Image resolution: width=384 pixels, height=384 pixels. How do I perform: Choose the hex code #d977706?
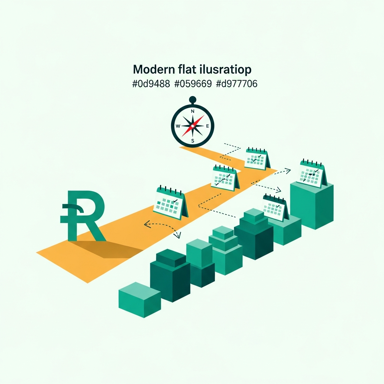pos(237,84)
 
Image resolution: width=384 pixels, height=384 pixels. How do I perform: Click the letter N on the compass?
pos(192,111)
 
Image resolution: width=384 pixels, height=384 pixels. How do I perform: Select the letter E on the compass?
pos(207,126)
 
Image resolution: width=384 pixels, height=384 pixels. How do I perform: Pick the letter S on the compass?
pos(192,141)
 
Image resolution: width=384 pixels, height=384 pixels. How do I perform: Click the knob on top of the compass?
pos(192,99)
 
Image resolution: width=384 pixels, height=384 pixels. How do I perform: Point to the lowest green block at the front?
pos(139,300)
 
